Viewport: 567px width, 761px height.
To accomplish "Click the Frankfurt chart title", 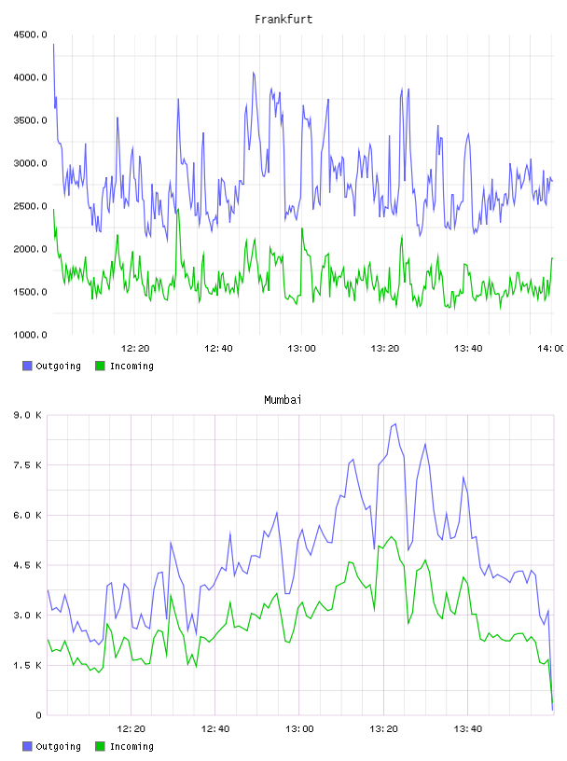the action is pyautogui.click(x=283, y=20).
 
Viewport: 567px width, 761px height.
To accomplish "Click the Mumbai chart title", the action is pyautogui.click(x=283, y=400).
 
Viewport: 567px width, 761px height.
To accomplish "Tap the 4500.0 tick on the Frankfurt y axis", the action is pyautogui.click(x=31, y=35).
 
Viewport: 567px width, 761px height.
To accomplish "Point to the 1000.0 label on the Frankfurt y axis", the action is pyautogui.click(x=31, y=335).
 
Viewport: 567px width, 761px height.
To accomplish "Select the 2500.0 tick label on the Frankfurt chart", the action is pyautogui.click(x=31, y=206).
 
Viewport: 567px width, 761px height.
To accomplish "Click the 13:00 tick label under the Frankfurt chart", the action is pyautogui.click(x=301, y=349).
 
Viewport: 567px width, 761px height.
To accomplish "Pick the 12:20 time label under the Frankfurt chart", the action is pyautogui.click(x=135, y=349).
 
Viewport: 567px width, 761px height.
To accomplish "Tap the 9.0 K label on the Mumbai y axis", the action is pyautogui.click(x=28, y=415).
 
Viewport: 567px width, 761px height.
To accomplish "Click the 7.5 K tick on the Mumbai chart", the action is pyautogui.click(x=28, y=465).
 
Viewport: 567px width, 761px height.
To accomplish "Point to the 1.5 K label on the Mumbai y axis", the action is pyautogui.click(x=28, y=665).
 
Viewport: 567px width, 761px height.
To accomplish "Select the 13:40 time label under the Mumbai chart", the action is pyautogui.click(x=468, y=729).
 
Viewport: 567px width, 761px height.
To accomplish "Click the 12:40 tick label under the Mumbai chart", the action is pyautogui.click(x=215, y=729).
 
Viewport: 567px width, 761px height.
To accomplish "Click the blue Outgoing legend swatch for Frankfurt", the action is pyautogui.click(x=27, y=366).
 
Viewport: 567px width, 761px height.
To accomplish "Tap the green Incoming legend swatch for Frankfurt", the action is pyautogui.click(x=100, y=366).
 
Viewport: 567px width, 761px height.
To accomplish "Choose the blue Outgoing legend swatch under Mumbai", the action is pyautogui.click(x=27, y=746).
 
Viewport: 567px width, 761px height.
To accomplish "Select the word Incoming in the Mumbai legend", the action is pyautogui.click(x=131, y=747).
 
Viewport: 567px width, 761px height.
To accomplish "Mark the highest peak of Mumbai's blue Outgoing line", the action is pyautogui.click(x=395, y=424).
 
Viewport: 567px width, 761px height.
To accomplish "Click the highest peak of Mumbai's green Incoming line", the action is pyautogui.click(x=392, y=537).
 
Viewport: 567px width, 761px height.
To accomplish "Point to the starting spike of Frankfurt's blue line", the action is pyautogui.click(x=53, y=45).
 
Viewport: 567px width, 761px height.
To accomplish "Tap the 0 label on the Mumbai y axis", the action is pyautogui.click(x=38, y=715).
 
